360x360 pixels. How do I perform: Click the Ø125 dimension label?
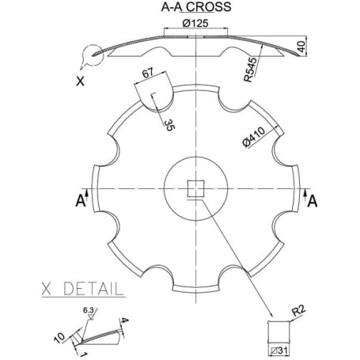195,23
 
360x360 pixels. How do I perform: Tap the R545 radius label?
250,70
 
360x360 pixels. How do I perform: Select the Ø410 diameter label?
254,137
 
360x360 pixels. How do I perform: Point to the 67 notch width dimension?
148,73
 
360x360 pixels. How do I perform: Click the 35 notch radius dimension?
169,125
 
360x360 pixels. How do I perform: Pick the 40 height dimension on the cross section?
301,46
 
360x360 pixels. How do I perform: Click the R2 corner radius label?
299,311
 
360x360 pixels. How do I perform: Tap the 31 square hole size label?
279,351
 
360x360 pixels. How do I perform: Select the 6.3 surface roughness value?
89,310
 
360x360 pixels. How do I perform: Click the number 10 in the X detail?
59,338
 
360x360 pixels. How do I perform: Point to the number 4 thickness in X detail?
125,320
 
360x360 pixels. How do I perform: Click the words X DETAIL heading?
82,289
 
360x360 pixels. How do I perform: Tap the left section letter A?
81,201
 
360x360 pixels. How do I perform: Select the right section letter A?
313,202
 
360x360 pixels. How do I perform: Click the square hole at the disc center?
195,188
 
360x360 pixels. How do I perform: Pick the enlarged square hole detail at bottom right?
279,333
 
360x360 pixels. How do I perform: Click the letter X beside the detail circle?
80,81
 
